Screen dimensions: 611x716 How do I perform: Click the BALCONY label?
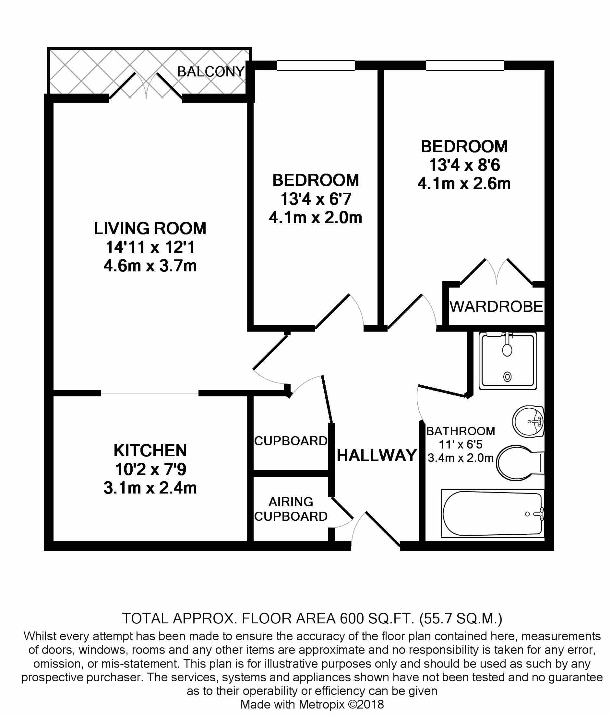[211, 72]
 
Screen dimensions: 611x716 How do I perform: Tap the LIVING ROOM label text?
[150, 228]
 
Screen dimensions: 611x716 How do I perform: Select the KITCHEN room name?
[150, 450]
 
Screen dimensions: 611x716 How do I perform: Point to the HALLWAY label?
[377, 455]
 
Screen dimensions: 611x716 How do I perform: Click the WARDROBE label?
[496, 307]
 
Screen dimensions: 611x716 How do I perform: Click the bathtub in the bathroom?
[493, 514]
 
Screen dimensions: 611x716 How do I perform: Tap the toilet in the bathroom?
[520, 463]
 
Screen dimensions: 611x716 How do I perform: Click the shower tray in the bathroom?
[508, 360]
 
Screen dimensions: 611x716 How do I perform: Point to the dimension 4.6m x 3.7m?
[150, 266]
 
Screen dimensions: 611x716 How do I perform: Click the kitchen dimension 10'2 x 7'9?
[150, 469]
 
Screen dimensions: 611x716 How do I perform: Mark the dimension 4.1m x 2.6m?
[464, 184]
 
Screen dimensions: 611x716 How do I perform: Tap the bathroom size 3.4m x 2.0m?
[461, 458]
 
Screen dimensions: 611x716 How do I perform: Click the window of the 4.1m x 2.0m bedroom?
[316, 65]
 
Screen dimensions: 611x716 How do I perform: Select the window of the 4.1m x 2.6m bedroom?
[465, 65]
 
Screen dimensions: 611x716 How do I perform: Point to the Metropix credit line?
[312, 704]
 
